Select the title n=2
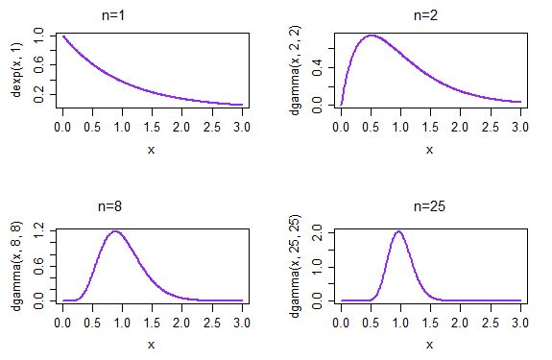[x=429, y=15]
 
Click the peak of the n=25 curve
[x=399, y=231]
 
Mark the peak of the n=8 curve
[x=115, y=231]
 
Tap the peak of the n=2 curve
[x=371, y=36]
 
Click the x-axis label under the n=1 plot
[x=152, y=149]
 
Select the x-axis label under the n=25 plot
[x=429, y=344]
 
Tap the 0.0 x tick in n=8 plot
[x=62, y=321]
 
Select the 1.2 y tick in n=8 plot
[x=39, y=231]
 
